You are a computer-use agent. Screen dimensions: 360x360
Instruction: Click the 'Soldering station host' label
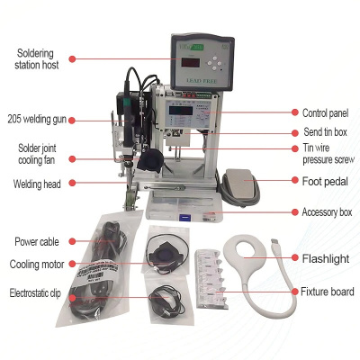pyautogui.click(x=37, y=59)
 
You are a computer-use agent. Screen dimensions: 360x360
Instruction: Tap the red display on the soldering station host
pyautogui.click(x=191, y=63)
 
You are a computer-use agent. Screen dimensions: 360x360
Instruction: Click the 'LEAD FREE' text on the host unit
pyautogui.click(x=202, y=81)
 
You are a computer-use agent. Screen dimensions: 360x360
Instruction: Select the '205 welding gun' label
pyautogui.click(x=37, y=119)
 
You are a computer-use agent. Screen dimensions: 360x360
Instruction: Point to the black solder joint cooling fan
pyautogui.click(x=150, y=160)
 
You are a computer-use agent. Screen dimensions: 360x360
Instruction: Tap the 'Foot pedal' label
pyautogui.click(x=325, y=181)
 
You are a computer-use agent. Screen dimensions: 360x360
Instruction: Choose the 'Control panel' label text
pyautogui.click(x=326, y=113)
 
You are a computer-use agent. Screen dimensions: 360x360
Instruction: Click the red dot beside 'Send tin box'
pyautogui.click(x=295, y=132)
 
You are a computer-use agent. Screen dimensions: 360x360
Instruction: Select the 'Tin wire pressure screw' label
pyautogui.click(x=328, y=154)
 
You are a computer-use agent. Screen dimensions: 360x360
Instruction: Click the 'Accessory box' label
pyautogui.click(x=327, y=212)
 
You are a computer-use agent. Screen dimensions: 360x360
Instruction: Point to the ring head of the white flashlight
pyautogui.click(x=245, y=250)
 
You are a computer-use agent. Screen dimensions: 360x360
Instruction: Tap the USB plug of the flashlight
pyautogui.click(x=274, y=244)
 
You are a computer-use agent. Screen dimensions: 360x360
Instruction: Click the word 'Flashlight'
pyautogui.click(x=326, y=258)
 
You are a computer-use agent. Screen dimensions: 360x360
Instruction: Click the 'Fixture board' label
pyautogui.click(x=328, y=292)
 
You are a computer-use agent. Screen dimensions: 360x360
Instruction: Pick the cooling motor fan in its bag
pyautogui.click(x=165, y=256)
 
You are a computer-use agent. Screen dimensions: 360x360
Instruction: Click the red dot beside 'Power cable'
pyautogui.click(x=72, y=241)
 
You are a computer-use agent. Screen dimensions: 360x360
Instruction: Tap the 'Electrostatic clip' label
pyautogui.click(x=35, y=293)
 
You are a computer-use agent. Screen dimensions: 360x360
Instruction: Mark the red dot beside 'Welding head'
pyautogui.click(x=72, y=183)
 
